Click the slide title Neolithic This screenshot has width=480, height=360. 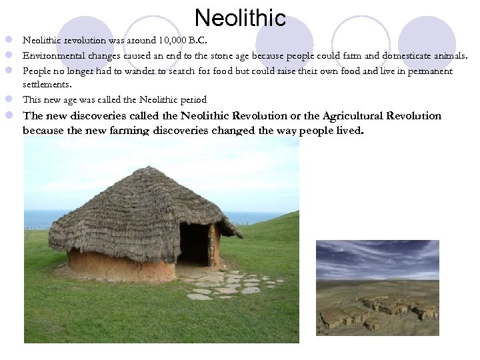click(x=241, y=17)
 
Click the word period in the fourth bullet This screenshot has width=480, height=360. click(x=193, y=99)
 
